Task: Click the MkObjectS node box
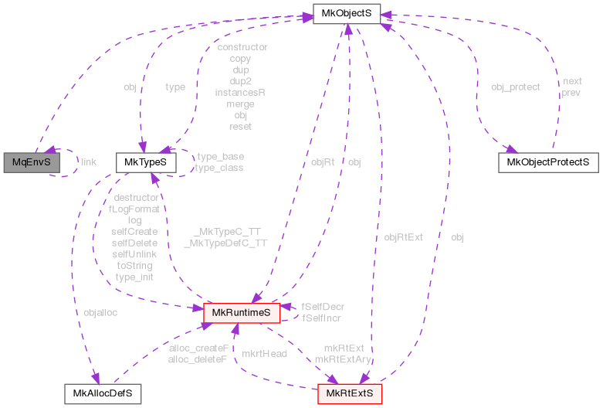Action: point(347,13)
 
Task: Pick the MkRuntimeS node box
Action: point(240,313)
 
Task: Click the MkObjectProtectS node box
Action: point(548,162)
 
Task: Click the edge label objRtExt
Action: point(404,237)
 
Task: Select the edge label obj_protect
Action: point(515,87)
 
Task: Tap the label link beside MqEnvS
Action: point(89,162)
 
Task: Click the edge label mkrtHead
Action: point(264,353)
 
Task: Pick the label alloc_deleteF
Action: point(198,359)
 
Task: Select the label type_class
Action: point(219,168)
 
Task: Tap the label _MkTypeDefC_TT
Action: point(225,243)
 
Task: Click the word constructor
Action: point(242,47)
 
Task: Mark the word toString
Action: point(134,265)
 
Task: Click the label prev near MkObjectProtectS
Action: point(571,92)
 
